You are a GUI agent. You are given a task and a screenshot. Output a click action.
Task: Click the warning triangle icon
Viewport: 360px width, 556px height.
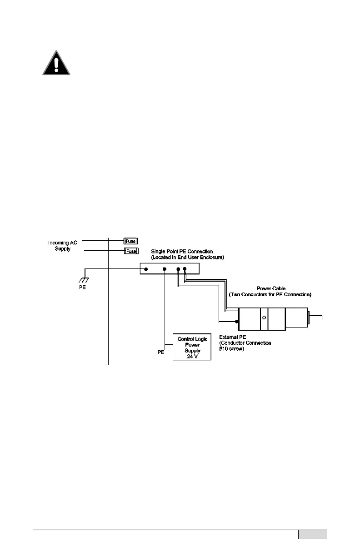[56, 63]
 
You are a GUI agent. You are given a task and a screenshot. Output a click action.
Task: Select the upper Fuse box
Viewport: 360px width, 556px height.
[131, 242]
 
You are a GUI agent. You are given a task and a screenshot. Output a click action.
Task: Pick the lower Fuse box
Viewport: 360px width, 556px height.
[131, 251]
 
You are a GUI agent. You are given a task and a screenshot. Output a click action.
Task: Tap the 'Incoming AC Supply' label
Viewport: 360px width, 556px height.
[63, 246]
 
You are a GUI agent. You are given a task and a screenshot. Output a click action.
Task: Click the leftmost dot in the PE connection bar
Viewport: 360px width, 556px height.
[146, 269]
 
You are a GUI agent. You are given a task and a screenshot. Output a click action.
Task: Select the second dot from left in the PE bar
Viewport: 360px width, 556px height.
[165, 269]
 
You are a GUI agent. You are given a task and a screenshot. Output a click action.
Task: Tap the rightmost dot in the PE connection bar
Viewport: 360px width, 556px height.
[185, 269]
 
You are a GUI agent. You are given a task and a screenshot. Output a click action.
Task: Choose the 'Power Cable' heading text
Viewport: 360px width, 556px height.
[271, 288]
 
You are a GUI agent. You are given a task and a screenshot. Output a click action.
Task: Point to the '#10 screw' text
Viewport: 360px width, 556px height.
[234, 348]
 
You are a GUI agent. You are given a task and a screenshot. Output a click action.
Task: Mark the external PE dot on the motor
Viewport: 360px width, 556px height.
[237, 322]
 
